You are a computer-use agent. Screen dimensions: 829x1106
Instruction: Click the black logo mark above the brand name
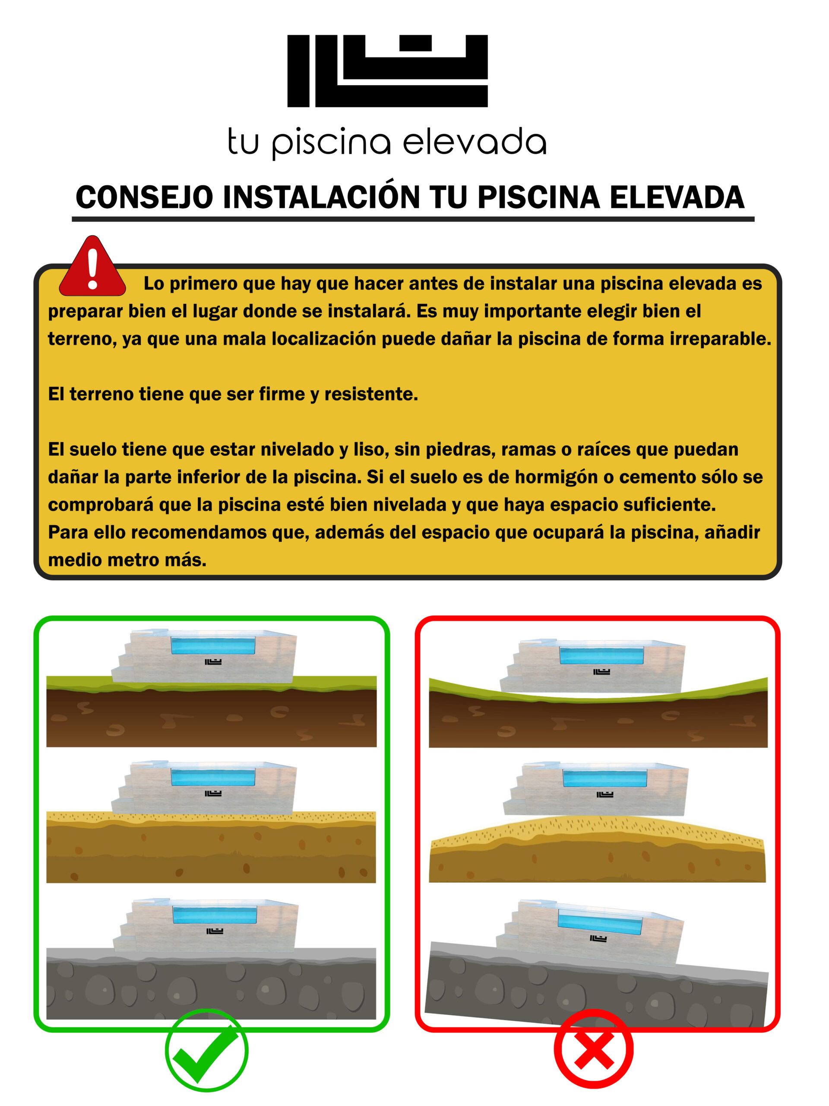387,70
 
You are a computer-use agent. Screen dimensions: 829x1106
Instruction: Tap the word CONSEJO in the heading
144,197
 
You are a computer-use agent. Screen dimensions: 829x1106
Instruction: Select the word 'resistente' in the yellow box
371,394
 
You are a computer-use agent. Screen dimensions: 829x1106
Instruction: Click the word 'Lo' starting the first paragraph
154,283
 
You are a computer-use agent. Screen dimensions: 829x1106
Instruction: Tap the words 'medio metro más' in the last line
127,560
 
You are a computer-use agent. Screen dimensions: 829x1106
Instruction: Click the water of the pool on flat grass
213,645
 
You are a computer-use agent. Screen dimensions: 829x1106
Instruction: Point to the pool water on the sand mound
604,779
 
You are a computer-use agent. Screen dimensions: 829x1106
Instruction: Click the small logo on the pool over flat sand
213,794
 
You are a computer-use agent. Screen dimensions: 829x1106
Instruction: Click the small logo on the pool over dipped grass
601,671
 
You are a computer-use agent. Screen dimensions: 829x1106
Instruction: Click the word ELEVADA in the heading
677,197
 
